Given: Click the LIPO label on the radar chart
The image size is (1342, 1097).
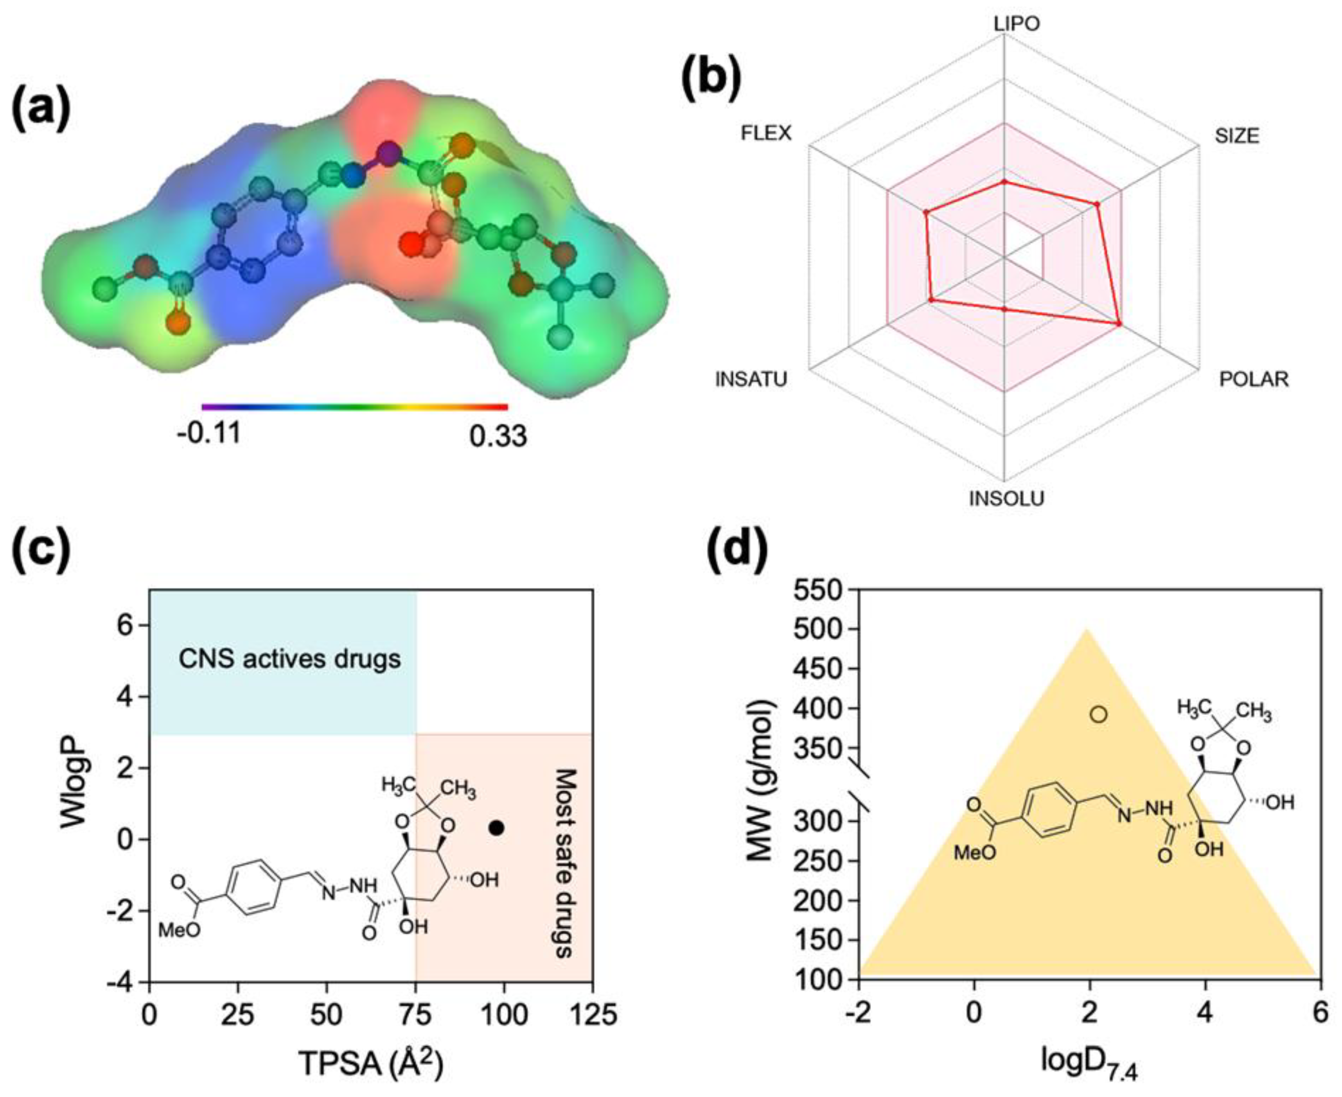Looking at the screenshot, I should coord(1017,24).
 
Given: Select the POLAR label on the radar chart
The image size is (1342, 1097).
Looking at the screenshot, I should coord(1254,379).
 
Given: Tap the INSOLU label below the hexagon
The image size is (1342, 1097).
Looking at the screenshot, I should coord(1006,498).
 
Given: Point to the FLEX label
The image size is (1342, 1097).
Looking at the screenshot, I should coord(766,133).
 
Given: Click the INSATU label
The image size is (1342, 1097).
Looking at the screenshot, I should coord(751,379).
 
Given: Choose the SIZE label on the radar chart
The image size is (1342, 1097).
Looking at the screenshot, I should coord(1236,136).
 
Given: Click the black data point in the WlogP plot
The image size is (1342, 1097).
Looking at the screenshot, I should coord(497,827).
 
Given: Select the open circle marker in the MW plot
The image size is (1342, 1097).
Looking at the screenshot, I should coord(1098,715).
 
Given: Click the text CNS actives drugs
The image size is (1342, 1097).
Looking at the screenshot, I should coord(289,659).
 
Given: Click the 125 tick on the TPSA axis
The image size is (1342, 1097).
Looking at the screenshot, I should coord(592,1015).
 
